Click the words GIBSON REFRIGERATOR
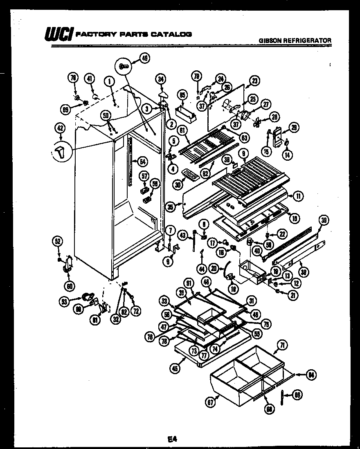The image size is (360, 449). [295, 40]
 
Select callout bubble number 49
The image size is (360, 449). [144, 58]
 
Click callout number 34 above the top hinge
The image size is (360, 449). [161, 79]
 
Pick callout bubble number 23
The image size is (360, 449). [255, 81]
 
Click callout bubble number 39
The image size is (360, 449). [324, 220]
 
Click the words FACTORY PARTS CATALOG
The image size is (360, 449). [135, 34]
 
